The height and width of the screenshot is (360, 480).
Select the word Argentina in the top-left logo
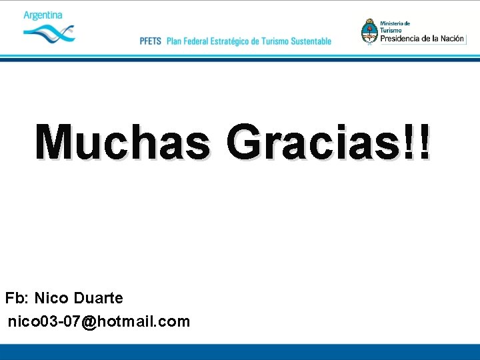click(43, 15)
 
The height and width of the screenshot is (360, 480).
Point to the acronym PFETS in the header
click(151, 41)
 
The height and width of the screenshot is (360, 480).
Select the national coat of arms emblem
click(369, 31)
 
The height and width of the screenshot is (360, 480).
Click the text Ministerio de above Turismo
click(395, 23)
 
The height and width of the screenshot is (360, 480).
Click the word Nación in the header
click(453, 38)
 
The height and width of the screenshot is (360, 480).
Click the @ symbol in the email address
click(89, 322)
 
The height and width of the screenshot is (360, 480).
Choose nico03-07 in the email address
click(44, 322)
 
